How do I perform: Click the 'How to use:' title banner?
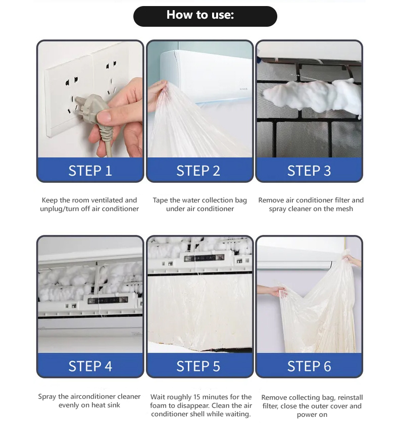click(x=205, y=16)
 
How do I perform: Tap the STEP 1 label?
click(x=90, y=171)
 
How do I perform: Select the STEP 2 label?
click(x=198, y=171)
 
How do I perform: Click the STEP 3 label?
click(x=309, y=171)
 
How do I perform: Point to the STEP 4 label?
click(x=90, y=366)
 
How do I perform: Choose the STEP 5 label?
click(x=198, y=366)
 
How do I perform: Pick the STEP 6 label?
click(x=309, y=366)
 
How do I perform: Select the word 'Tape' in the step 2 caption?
click(x=161, y=200)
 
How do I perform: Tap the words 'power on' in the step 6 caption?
click(x=312, y=415)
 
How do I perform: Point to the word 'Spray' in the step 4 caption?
click(x=48, y=397)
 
